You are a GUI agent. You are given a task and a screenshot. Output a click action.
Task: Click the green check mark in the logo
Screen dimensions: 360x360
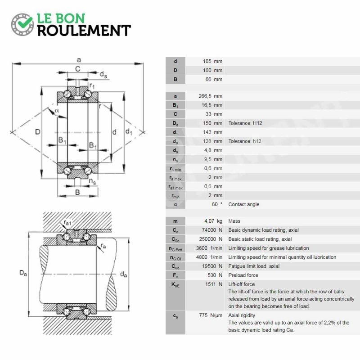(x=25, y=22)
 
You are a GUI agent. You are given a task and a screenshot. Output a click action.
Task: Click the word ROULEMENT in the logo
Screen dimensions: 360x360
(x=84, y=31)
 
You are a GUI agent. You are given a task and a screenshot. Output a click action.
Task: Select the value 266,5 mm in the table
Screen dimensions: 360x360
(x=210, y=96)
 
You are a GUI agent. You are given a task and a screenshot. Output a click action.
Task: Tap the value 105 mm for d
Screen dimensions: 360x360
(x=212, y=61)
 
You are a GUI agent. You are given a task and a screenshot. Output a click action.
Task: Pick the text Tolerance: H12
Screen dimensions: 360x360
(x=245, y=123)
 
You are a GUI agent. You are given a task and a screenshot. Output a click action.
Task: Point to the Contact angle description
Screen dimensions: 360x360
(x=243, y=204)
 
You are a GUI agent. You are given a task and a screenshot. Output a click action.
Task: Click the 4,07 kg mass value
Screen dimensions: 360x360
(x=213, y=221)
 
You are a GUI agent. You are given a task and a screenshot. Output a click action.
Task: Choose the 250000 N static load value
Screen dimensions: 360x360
(x=211, y=239)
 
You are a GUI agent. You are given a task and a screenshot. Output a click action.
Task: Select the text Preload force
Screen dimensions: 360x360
(x=243, y=275)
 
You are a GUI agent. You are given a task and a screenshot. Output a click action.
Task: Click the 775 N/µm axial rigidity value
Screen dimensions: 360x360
(x=211, y=315)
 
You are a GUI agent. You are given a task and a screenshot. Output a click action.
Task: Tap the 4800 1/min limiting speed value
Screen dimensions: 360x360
(x=209, y=257)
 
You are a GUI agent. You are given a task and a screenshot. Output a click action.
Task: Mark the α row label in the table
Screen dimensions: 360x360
(x=175, y=204)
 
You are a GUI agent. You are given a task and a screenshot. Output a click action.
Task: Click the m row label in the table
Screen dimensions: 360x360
(x=175, y=221)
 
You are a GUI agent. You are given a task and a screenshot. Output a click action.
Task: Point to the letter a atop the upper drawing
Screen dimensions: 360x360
(x=79, y=60)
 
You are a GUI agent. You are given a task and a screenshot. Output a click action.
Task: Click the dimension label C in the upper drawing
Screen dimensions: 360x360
(x=78, y=69)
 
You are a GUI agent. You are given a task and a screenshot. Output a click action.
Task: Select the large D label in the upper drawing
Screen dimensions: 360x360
(x=38, y=132)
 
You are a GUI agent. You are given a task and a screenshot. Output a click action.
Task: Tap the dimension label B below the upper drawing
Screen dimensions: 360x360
(x=77, y=192)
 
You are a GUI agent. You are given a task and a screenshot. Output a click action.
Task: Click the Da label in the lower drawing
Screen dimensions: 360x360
(x=23, y=273)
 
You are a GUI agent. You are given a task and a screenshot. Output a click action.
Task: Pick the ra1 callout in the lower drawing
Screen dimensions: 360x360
(x=67, y=222)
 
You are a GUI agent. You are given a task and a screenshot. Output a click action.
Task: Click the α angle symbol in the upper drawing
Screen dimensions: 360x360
(x=57, y=111)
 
